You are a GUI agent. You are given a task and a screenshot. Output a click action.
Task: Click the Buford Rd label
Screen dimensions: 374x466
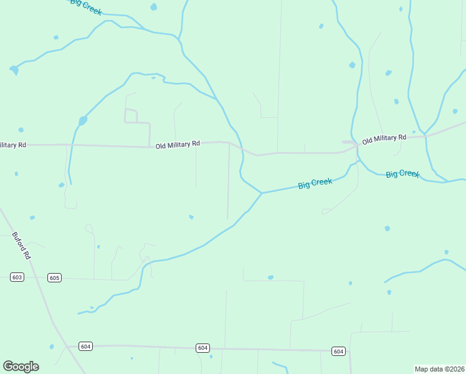tap(21, 246)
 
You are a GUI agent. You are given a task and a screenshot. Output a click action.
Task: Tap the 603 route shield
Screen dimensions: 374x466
tap(17, 277)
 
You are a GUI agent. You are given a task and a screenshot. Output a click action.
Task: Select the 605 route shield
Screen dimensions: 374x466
tap(54, 277)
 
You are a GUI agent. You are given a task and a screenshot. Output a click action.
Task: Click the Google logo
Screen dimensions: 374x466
tap(21, 367)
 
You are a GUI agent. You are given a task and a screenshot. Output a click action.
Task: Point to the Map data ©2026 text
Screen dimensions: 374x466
tap(439, 369)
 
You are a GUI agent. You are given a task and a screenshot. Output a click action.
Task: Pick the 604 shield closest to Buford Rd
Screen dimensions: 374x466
tap(86, 346)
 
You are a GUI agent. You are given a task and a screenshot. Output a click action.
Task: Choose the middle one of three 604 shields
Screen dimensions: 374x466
tap(202, 348)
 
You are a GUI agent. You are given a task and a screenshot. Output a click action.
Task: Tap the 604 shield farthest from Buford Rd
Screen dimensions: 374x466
tap(338, 352)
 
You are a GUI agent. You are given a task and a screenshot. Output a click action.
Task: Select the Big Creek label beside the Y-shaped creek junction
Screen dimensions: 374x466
tap(315, 183)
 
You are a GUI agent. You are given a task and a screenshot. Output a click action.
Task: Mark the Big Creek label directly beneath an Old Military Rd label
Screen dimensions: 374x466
tap(402, 174)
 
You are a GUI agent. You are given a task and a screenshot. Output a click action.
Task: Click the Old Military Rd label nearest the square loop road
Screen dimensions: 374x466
tap(178, 144)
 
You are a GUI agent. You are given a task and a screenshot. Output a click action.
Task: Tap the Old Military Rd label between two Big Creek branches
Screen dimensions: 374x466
tap(384, 138)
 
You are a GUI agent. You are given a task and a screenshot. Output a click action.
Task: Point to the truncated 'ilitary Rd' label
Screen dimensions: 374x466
tap(13, 145)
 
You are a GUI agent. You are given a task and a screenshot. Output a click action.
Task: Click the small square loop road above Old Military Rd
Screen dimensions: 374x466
tap(131, 115)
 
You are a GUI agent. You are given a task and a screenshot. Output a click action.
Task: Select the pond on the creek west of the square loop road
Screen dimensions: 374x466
tap(82, 121)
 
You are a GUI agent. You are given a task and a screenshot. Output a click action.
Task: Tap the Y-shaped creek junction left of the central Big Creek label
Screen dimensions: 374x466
tap(262, 193)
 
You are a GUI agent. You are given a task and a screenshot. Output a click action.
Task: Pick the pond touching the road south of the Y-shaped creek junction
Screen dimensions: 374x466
tap(270, 277)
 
